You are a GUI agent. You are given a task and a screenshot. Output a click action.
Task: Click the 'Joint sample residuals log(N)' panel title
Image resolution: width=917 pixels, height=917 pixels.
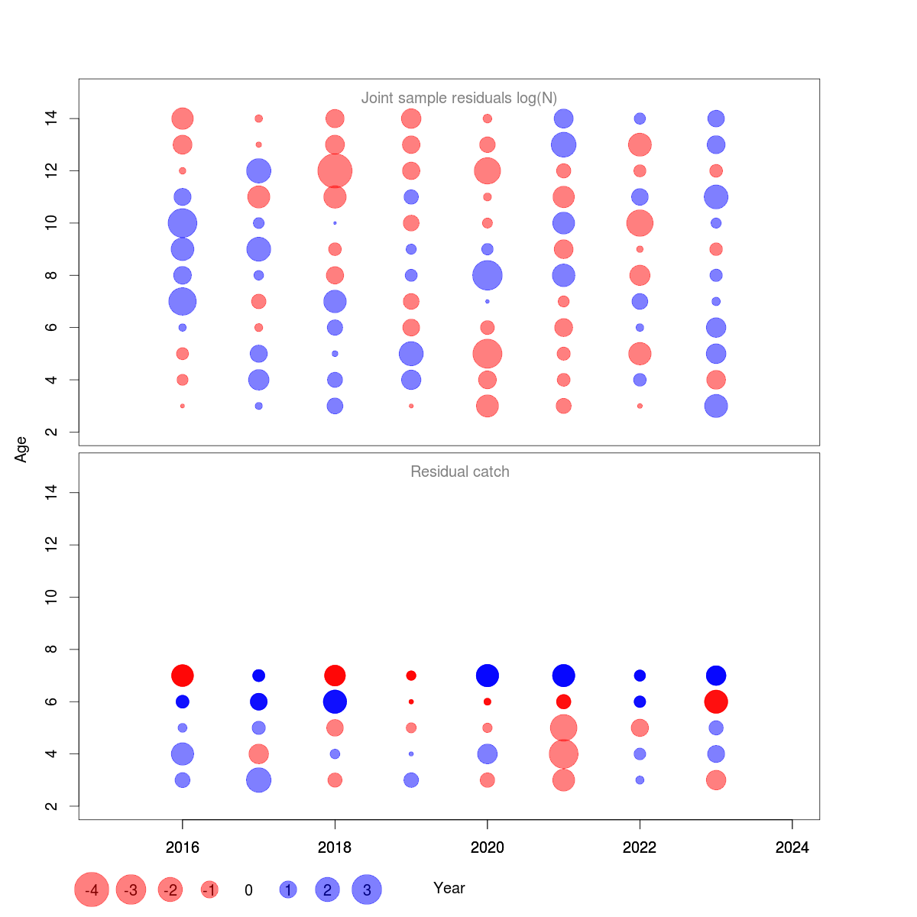tap(459, 98)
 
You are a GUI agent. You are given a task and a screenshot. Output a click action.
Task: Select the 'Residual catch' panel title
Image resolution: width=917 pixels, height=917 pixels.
tap(460, 471)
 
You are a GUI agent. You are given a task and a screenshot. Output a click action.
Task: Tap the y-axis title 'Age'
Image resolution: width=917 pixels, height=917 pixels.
tap(21, 449)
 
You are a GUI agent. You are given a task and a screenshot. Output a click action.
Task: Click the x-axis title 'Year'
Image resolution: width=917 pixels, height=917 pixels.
tap(449, 888)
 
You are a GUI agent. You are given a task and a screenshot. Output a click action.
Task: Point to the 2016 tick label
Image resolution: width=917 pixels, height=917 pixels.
tap(182, 847)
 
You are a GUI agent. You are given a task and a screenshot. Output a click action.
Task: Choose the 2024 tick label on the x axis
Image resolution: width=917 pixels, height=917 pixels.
tap(792, 847)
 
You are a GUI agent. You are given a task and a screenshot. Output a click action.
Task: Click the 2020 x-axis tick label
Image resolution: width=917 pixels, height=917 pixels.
tap(488, 847)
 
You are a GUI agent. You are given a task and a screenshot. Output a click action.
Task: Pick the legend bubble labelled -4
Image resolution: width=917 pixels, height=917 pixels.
tap(92, 889)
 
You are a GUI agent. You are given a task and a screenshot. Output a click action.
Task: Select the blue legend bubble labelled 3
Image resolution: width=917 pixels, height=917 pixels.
tap(367, 889)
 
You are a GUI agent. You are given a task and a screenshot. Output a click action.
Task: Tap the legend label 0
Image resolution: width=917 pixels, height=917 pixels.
tap(248, 890)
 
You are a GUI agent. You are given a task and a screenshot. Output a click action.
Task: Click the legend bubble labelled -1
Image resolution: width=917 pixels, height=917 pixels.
tap(209, 889)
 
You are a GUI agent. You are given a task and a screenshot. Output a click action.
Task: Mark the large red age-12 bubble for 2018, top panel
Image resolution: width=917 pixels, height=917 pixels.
tap(335, 170)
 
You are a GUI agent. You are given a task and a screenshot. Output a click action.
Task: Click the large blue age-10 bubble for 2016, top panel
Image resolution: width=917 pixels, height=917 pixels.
tap(182, 223)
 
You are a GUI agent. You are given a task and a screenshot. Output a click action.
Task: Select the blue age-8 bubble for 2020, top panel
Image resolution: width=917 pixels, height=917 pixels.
tap(488, 275)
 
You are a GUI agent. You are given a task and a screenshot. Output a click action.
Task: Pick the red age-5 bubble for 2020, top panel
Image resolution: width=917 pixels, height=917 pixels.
tap(488, 354)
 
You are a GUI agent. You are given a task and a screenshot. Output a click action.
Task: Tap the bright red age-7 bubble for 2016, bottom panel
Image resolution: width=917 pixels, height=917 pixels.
tap(182, 676)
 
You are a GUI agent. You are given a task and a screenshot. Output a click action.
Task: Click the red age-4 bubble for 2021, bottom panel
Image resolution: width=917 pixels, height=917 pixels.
tap(563, 754)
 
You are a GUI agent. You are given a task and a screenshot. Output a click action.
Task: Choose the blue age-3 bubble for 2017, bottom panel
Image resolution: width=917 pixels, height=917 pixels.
tap(258, 780)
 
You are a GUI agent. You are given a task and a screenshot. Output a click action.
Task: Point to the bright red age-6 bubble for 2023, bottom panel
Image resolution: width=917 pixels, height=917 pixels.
tap(716, 702)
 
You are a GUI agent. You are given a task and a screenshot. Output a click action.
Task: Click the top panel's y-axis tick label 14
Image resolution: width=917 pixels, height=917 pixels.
tap(51, 118)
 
